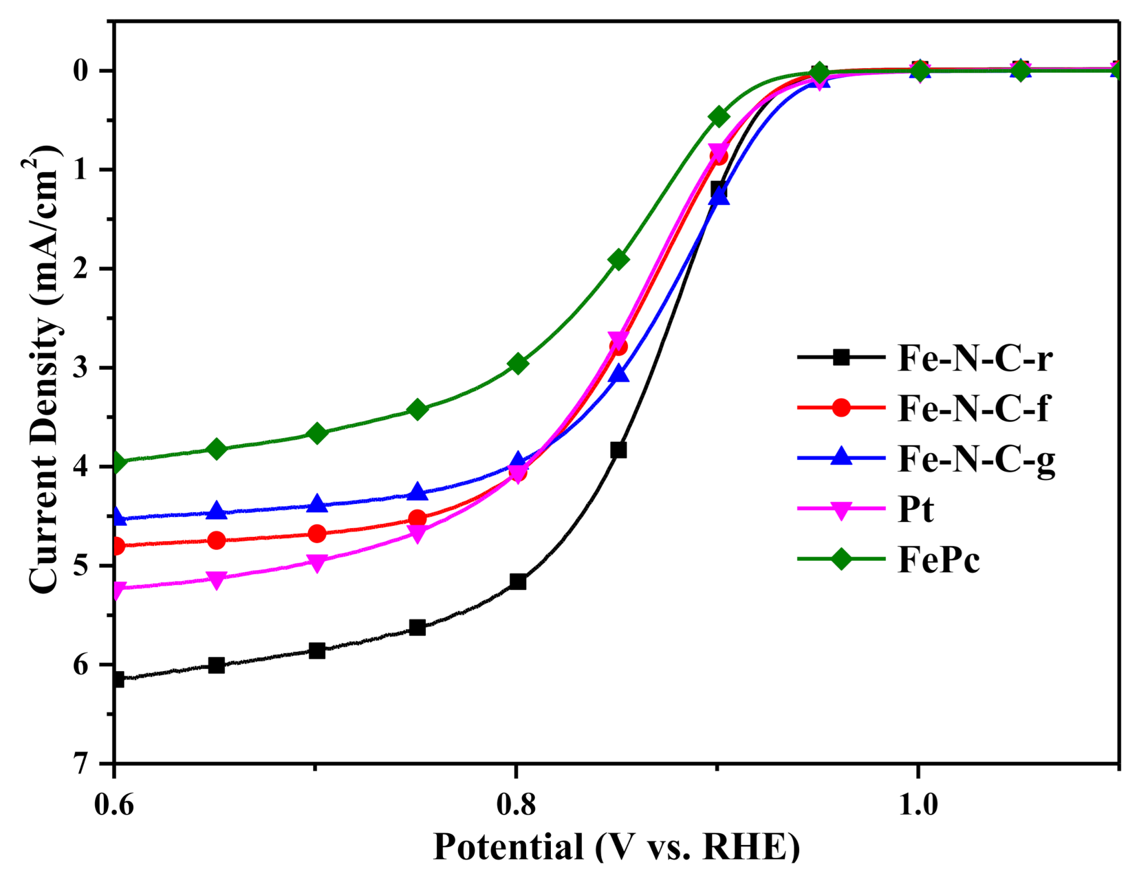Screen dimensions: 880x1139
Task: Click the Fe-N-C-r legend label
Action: pyautogui.click(x=974, y=358)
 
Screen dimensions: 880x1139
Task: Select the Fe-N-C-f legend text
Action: pyautogui.click(x=973, y=409)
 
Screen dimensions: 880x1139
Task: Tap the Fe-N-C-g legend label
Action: pyautogui.click(x=976, y=460)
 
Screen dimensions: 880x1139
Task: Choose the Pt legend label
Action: pyautogui.click(x=916, y=509)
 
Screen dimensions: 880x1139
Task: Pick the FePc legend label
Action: pyautogui.click(x=939, y=560)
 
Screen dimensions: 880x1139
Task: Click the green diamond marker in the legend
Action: pyautogui.click(x=841, y=559)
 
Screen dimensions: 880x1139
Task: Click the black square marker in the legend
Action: pyautogui.click(x=841, y=358)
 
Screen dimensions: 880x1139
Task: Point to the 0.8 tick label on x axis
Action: pyautogui.click(x=516, y=805)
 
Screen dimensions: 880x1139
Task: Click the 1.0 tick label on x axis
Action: pyautogui.click(x=918, y=805)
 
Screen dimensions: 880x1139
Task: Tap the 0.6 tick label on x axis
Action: pyautogui.click(x=114, y=805)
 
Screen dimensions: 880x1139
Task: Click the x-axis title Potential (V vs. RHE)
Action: pyautogui.click(x=616, y=848)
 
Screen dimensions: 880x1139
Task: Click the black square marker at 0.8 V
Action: pyautogui.click(x=518, y=582)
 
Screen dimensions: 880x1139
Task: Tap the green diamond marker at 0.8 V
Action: pyautogui.click(x=518, y=363)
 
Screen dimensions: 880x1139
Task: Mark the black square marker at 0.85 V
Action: pyautogui.click(x=618, y=450)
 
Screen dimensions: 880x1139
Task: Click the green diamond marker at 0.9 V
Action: pyautogui.click(x=719, y=116)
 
